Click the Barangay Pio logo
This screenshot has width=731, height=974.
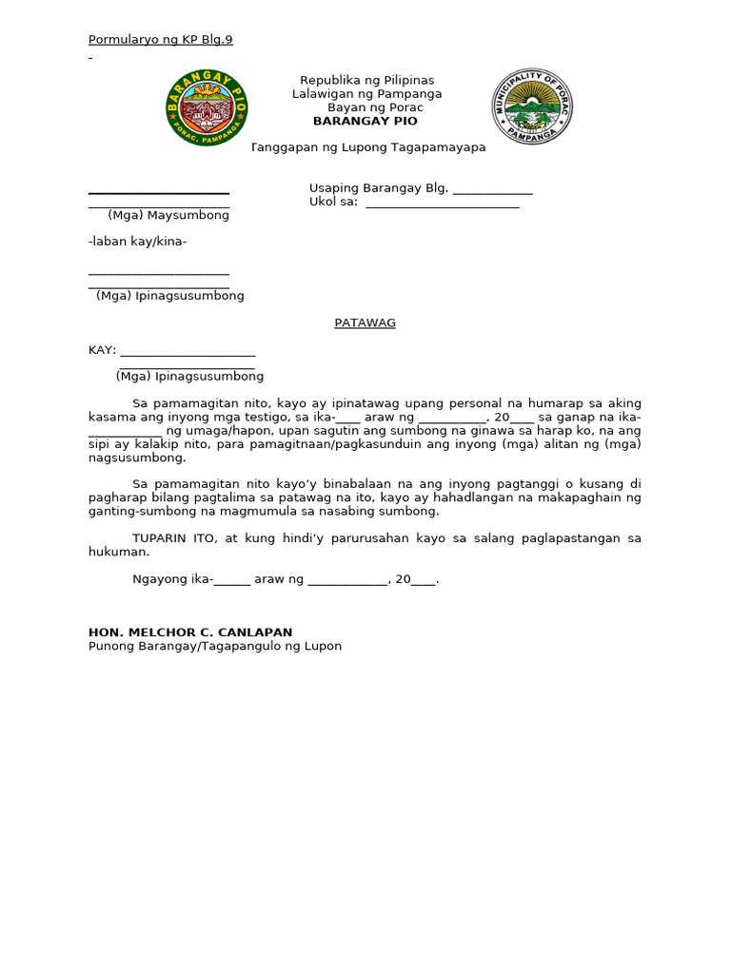point(207,107)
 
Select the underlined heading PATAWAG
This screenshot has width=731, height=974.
point(365,322)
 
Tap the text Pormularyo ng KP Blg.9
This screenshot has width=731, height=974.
point(160,39)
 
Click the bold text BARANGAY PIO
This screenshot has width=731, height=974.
point(365,121)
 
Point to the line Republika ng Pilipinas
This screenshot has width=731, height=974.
point(366,80)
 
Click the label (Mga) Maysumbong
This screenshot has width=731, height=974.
point(168,215)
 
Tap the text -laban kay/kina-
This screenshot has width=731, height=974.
point(137,242)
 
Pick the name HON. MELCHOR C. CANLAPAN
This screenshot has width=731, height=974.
point(190,632)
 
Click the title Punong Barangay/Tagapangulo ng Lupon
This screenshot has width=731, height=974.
point(214,646)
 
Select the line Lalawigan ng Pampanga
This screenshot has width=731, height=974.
point(366,94)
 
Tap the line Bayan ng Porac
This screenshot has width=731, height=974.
point(375,107)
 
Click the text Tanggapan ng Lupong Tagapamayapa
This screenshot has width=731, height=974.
point(368,147)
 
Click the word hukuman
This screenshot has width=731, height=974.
point(118,552)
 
